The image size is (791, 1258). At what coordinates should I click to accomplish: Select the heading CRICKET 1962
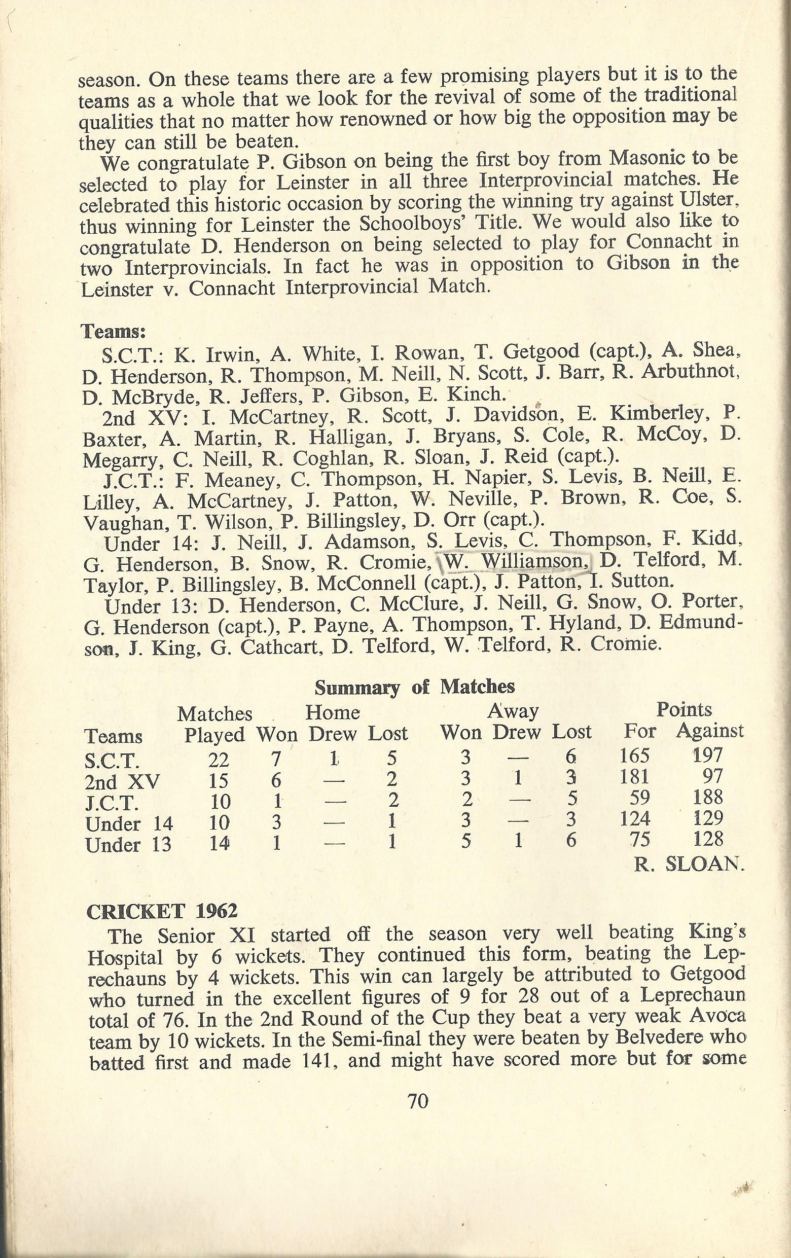click(x=161, y=911)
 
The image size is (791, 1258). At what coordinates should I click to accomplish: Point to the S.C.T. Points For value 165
click(x=635, y=755)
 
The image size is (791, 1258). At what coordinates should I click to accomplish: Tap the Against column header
click(x=709, y=731)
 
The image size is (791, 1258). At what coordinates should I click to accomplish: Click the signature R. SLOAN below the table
click(x=689, y=865)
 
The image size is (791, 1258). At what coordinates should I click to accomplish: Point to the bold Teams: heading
click(x=112, y=331)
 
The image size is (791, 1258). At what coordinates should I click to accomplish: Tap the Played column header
click(x=214, y=735)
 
